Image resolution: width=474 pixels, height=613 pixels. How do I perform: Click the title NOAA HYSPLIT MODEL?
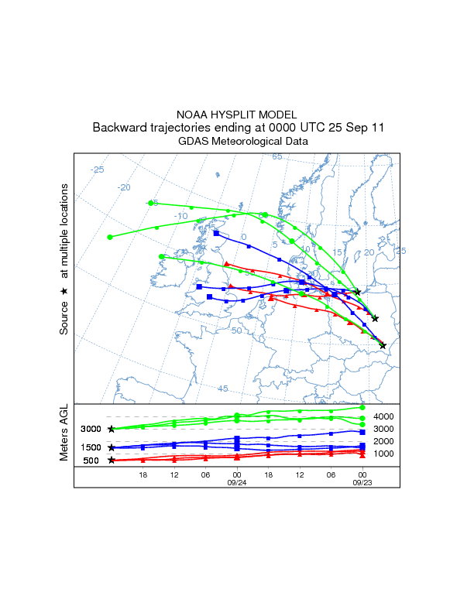[x=237, y=114]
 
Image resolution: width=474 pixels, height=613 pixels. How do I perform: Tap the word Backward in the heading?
[x=118, y=128]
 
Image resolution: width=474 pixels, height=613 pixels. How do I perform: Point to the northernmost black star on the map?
[x=357, y=292]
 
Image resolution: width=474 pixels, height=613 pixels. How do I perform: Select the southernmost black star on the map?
[x=383, y=345]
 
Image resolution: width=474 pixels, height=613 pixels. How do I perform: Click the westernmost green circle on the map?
[x=110, y=237]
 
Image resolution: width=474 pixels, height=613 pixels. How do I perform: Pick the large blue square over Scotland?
[x=216, y=233]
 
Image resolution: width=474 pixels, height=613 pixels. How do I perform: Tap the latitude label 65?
[x=277, y=157]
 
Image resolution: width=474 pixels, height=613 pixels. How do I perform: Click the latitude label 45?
[x=222, y=389]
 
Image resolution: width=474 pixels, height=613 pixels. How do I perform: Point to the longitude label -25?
[x=98, y=170]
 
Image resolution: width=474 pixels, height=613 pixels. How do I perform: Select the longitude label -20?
[x=123, y=187]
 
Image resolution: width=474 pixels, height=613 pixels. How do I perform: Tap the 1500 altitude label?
[x=91, y=447]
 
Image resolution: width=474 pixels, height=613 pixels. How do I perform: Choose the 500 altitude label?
[x=91, y=461]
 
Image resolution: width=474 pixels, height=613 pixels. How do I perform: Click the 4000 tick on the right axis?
[x=385, y=416]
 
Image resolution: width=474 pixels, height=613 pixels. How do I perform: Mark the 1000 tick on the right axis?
[x=385, y=454]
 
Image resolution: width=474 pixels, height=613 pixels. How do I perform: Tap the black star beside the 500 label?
[x=112, y=461]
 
